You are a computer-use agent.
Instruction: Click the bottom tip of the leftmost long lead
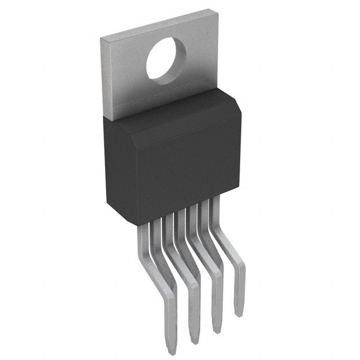(x=172, y=351)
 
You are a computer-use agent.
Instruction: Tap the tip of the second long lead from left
(x=194, y=341)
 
